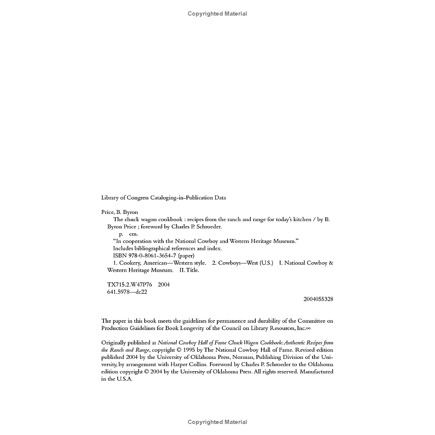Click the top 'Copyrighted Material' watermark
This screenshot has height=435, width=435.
tap(217, 14)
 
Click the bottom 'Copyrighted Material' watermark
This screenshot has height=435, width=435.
tap(217, 422)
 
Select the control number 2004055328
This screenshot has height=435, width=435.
tap(318, 299)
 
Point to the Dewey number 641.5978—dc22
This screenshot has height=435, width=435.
tap(127, 292)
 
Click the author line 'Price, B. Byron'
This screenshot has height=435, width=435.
tap(120, 212)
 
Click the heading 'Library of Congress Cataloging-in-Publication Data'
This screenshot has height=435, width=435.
tap(163, 198)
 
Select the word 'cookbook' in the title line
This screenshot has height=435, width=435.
tap(170, 219)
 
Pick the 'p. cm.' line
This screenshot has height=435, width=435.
tap(128, 234)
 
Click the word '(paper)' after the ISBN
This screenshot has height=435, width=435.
tap(186, 255)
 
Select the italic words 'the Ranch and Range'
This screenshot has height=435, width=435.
tap(125, 350)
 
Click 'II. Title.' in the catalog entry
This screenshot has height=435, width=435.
tap(189, 270)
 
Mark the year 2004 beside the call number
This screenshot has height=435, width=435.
tap(164, 285)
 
